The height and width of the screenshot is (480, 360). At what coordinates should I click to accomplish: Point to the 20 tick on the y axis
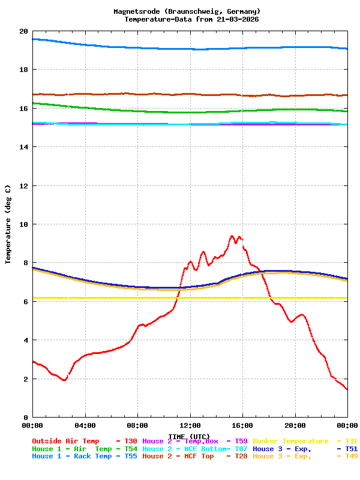point(23,31)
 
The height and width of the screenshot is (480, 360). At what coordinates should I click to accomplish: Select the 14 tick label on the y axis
point(23,147)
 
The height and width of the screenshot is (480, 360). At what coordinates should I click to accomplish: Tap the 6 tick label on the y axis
point(26,302)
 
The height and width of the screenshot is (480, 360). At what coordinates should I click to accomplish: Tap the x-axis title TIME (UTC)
point(189,436)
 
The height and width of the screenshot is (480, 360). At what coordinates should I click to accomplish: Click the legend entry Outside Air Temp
point(65,441)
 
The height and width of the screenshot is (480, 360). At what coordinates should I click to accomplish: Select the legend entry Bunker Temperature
point(290,441)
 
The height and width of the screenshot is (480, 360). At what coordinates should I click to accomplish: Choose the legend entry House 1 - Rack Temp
point(72,456)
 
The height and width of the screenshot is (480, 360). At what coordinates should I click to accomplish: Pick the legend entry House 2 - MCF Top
point(178,456)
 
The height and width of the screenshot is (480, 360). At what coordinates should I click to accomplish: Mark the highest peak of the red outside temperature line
point(232,236)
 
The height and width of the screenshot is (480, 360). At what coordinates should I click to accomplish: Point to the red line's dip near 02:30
point(64,380)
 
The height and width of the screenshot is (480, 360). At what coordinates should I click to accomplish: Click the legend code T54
point(130,449)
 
